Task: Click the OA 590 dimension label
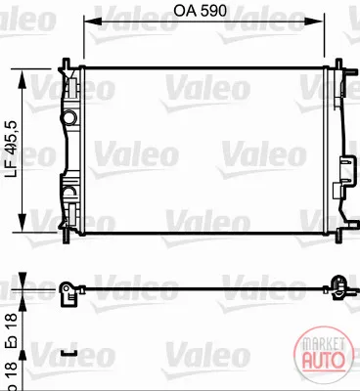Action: [200, 11]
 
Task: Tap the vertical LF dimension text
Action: [12, 150]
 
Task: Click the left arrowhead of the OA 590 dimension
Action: [93, 22]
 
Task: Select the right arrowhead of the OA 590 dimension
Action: [314, 22]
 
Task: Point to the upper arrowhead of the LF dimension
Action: [22, 79]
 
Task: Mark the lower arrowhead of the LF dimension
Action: [22, 223]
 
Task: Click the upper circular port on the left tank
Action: [69, 116]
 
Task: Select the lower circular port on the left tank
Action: [69, 193]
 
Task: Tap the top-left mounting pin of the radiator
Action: [67, 63]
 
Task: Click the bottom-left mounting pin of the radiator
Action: [67, 236]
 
